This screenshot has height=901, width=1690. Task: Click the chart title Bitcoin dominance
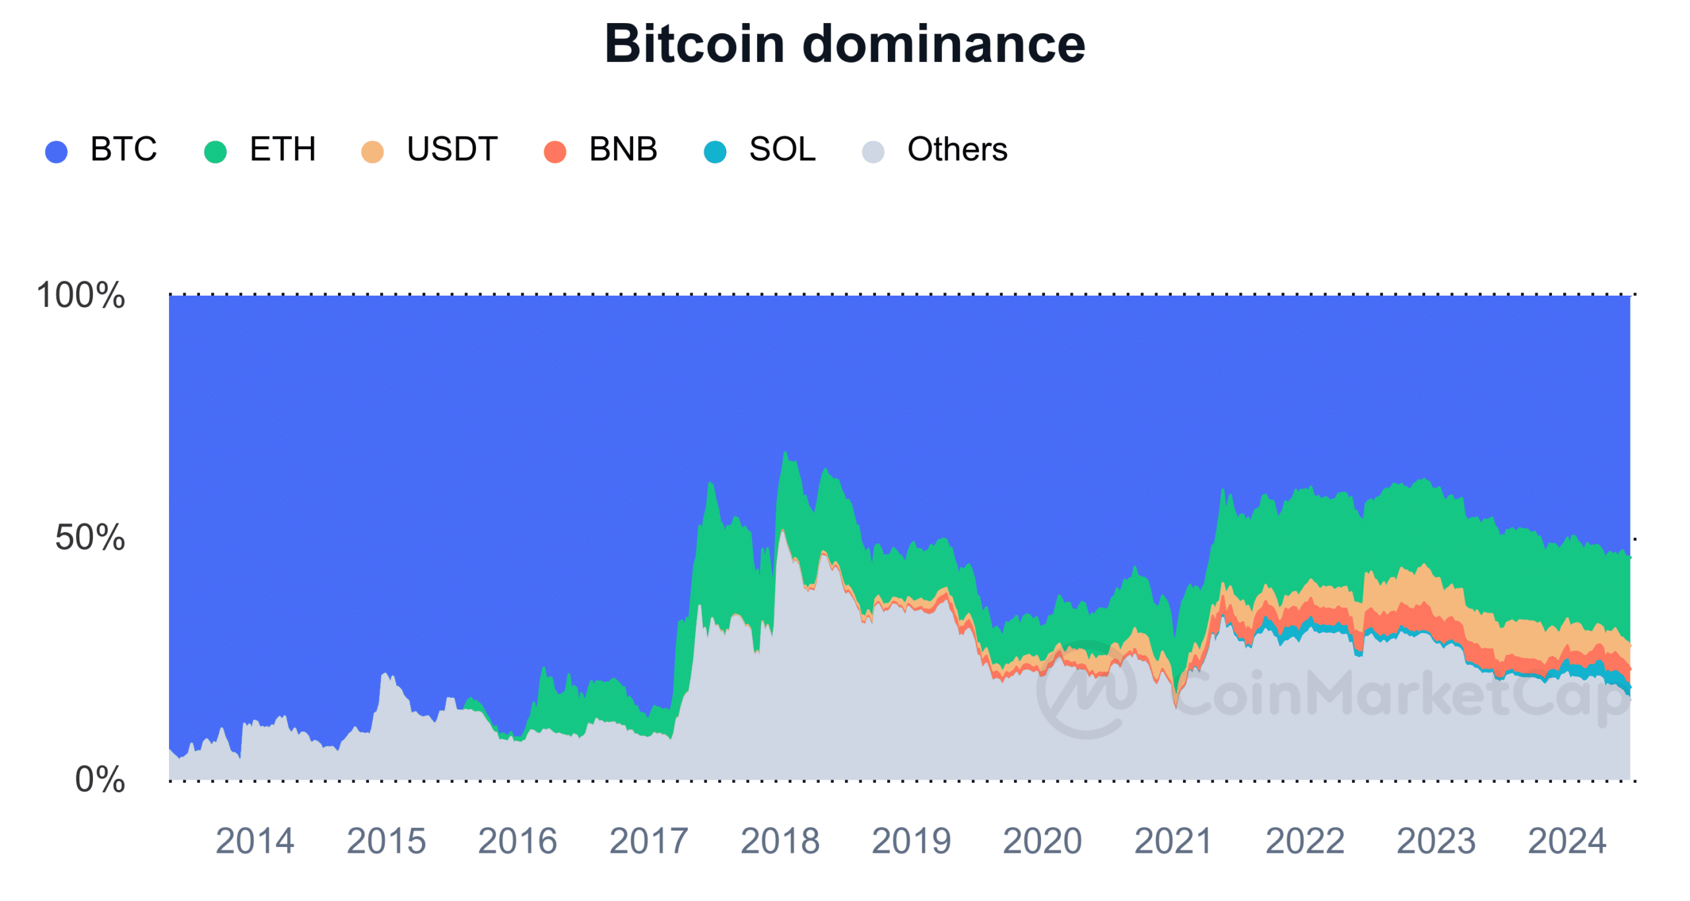click(x=844, y=44)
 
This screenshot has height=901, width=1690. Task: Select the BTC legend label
click(x=123, y=149)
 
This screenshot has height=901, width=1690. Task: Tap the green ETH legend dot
click(x=215, y=151)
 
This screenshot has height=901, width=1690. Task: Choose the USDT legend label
click(x=452, y=149)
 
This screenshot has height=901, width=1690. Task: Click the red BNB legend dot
click(x=555, y=151)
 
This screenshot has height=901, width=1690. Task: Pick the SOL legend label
click(x=782, y=149)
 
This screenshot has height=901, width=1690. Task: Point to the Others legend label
click(x=957, y=149)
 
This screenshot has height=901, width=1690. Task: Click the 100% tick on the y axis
click(x=81, y=295)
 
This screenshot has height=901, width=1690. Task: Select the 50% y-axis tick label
click(x=90, y=537)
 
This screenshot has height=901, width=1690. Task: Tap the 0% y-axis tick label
click(x=100, y=780)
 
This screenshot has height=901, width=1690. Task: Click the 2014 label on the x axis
click(x=255, y=842)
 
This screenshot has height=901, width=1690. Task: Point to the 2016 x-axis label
click(x=518, y=842)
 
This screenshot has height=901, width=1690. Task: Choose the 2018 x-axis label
click(x=780, y=842)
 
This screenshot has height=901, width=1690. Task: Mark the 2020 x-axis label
click(x=1042, y=842)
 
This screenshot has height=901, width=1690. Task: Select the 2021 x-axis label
click(x=1173, y=842)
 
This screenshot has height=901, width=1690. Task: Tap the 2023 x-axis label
click(x=1436, y=842)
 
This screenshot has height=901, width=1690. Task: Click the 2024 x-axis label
click(x=1567, y=842)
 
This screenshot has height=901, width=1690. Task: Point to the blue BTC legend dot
click(x=56, y=151)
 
